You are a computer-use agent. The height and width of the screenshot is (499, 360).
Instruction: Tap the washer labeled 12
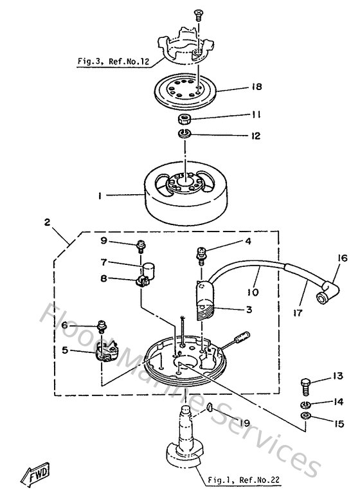point(185,135)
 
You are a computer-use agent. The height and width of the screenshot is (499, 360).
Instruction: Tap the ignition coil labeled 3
point(206,299)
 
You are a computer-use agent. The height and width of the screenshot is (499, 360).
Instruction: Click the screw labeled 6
point(101,324)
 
